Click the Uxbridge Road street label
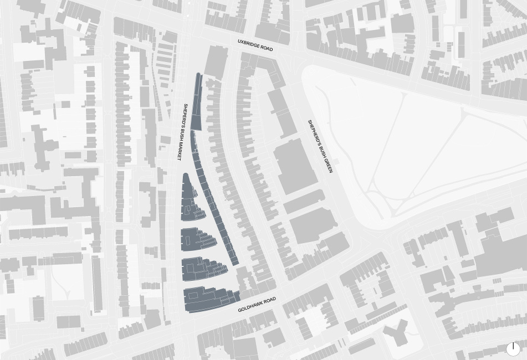click(x=255, y=45)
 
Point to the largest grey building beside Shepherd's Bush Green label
click(x=295, y=166)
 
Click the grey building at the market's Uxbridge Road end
click(x=216, y=61)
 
